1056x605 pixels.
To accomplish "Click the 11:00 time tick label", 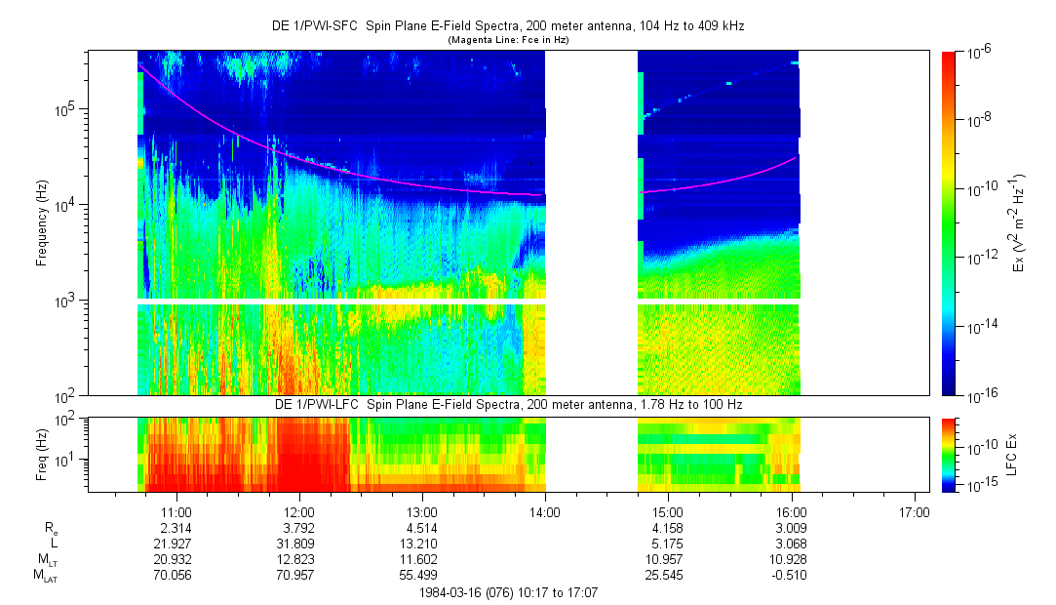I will [176, 512].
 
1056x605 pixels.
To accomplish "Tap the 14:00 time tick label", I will [544, 512].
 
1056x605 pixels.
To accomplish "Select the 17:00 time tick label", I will [913, 512].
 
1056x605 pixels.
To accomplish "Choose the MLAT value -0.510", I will [790, 575].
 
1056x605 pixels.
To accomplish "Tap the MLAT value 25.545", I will [667, 575].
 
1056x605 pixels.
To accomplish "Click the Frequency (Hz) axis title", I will [42, 223].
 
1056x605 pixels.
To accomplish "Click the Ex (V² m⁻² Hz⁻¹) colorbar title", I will [1018, 223].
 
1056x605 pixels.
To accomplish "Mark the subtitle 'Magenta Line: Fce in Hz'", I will [507, 40].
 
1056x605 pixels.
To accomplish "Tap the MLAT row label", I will [44, 576].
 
